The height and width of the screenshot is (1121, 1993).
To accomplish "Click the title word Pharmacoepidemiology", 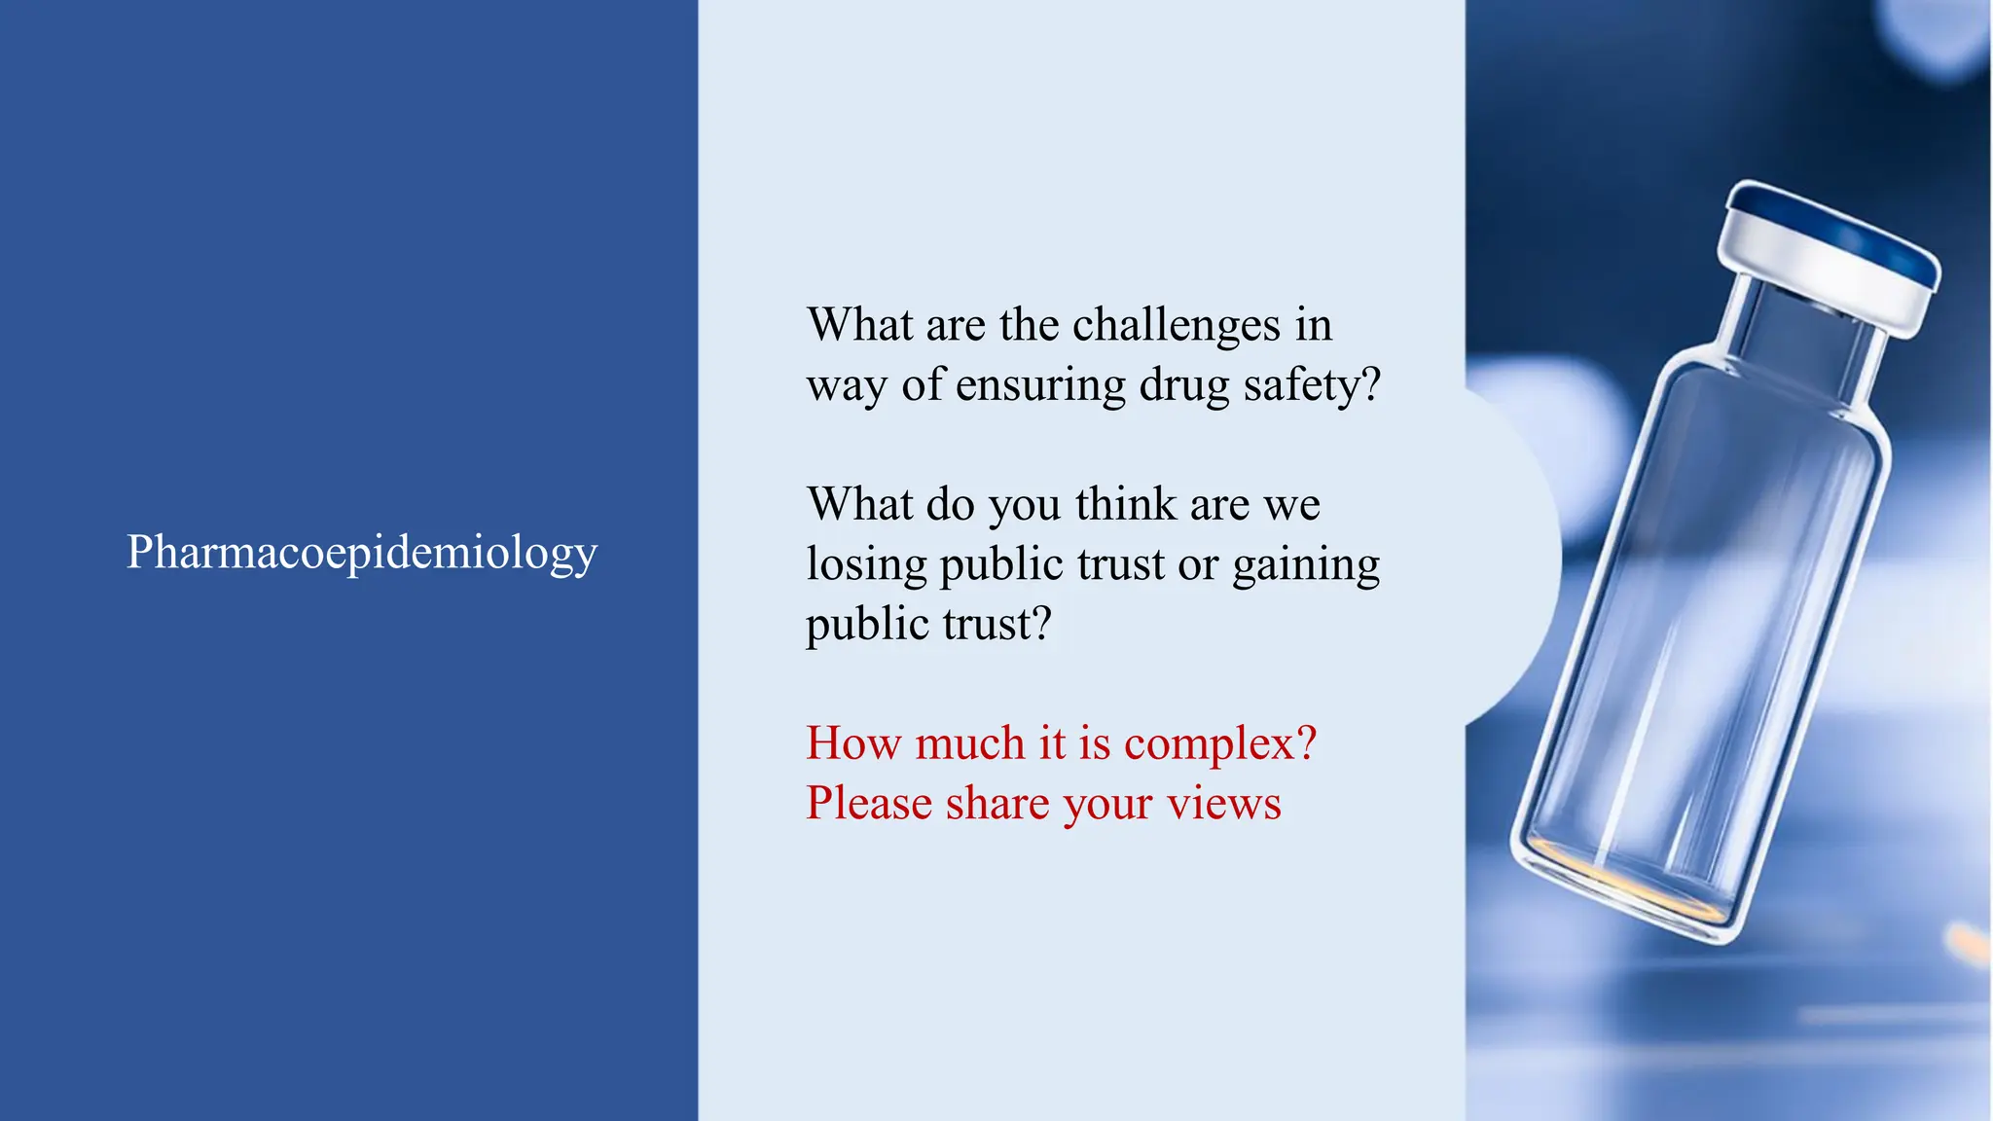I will (361, 553).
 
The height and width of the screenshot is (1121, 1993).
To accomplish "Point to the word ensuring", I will (1040, 385).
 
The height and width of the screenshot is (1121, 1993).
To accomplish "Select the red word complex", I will (1219, 744).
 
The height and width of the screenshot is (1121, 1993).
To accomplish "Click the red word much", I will (970, 744).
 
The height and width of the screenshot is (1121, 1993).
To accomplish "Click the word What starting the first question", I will (860, 325).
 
